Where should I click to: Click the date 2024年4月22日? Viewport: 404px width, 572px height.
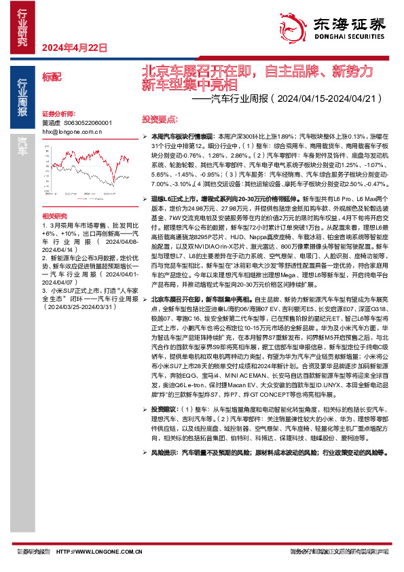coord(75,48)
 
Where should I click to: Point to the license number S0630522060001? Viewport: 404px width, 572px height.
coord(88,123)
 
